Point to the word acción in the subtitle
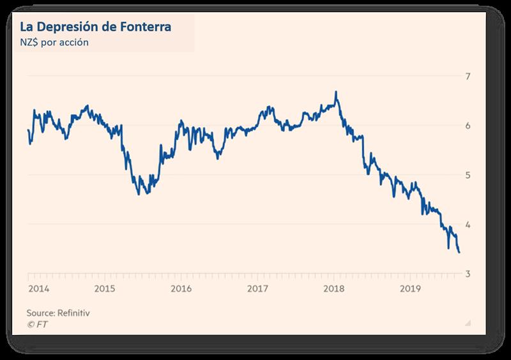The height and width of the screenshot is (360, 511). pos(93,43)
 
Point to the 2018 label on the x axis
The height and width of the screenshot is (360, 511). pos(333,289)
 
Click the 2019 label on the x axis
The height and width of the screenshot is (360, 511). pos(410,289)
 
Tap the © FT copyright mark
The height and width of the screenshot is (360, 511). pos(37,324)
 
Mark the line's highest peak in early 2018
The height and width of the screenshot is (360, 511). pos(336,92)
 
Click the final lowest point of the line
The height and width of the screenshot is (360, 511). pos(459,252)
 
